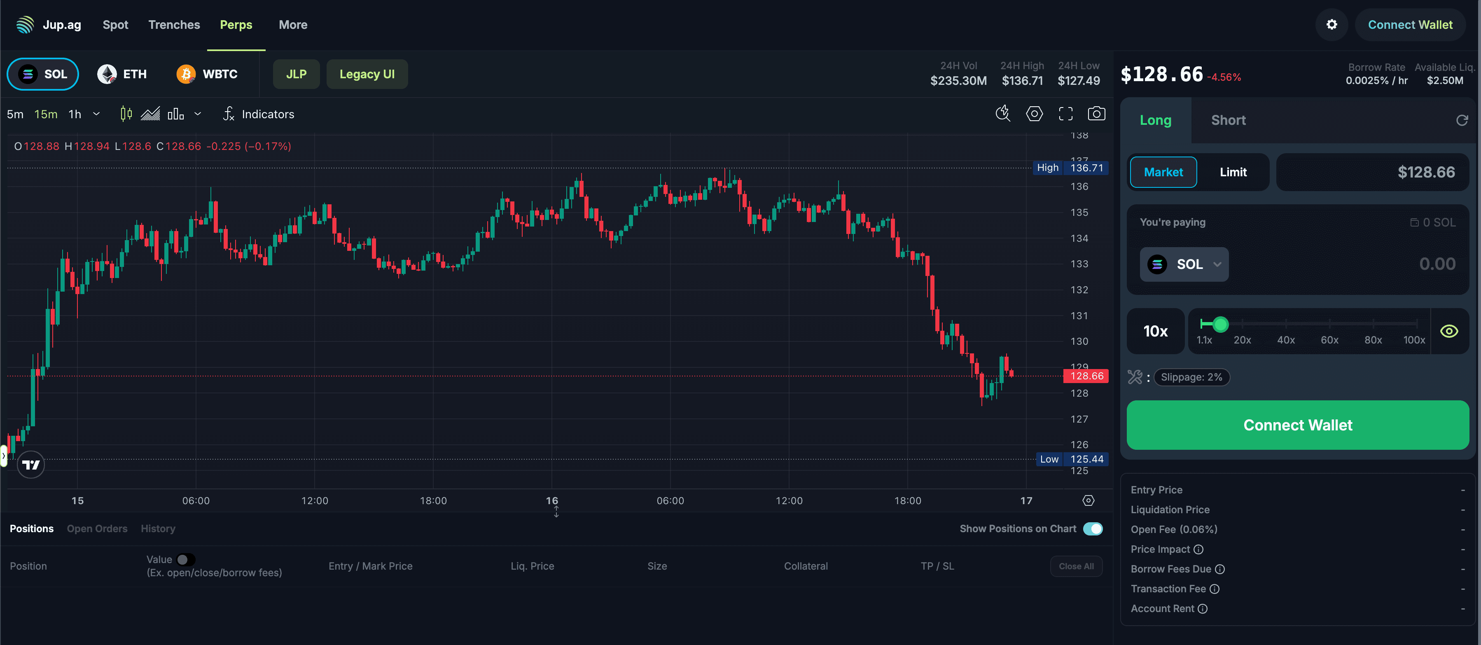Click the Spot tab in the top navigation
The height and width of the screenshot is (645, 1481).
115,25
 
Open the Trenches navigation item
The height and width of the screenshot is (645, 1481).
174,25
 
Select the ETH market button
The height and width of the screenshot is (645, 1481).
122,74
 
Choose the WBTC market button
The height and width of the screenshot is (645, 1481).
207,74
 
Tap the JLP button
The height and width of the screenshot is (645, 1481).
296,74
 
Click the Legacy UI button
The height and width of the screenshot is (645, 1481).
367,74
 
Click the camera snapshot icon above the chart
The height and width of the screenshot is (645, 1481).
1096,114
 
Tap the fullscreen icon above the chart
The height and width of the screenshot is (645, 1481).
1065,114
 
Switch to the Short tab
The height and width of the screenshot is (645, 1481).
1228,120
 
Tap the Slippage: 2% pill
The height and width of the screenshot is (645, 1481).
1191,377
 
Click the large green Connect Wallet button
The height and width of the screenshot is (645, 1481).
1298,425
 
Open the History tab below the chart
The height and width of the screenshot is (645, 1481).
157,529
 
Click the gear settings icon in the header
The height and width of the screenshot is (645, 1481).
1331,25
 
